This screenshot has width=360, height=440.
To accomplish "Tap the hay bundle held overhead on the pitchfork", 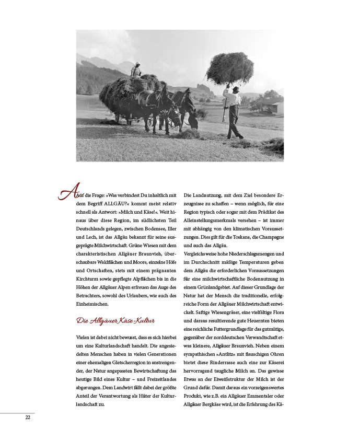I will (x=229, y=68).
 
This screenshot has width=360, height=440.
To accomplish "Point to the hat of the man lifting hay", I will (x=235, y=89).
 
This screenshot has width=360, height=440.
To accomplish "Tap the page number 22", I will (x=28, y=417).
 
